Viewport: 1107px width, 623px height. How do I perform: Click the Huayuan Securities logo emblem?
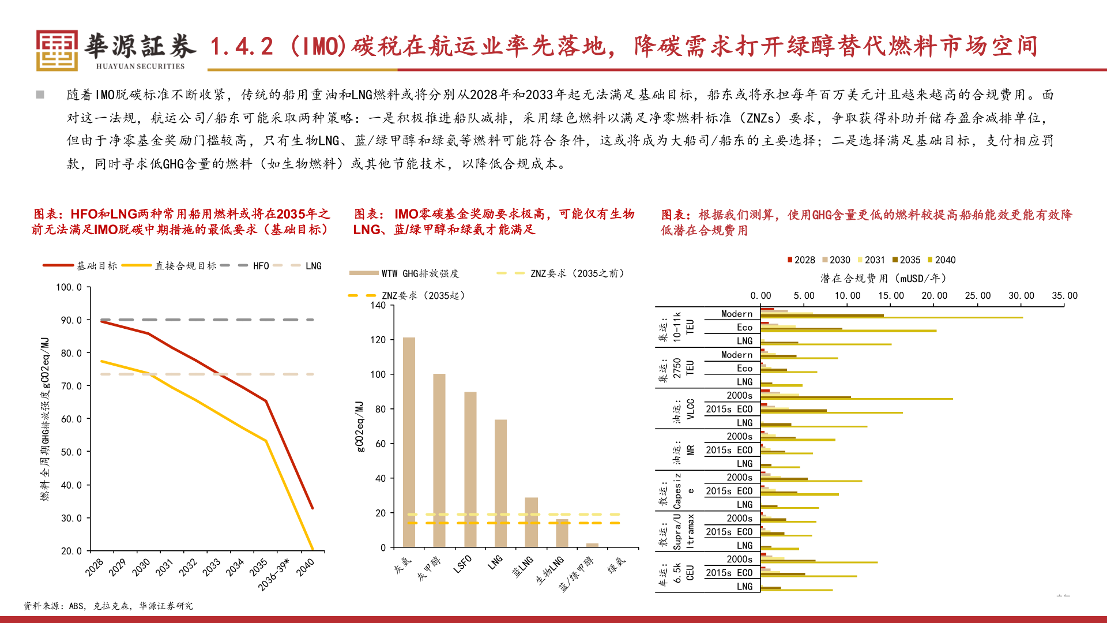coord(57,50)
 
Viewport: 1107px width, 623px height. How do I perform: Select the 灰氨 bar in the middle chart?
coord(409,442)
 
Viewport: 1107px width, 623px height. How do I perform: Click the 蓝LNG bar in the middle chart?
coord(531,522)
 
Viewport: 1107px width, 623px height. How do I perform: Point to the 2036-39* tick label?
coord(274,574)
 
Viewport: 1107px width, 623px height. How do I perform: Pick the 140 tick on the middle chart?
coord(378,305)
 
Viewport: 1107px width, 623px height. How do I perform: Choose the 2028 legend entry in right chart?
coord(801,260)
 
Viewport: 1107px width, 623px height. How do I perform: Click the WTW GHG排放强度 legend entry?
coord(404,273)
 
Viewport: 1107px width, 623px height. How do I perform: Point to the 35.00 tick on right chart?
coord(1064,296)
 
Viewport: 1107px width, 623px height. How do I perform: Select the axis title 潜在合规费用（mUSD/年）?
coord(883,279)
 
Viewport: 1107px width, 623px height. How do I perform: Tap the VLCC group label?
coord(691,409)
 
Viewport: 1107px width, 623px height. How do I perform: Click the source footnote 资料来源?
coord(108,606)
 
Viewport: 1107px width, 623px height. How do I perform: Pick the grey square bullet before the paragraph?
coord(40,95)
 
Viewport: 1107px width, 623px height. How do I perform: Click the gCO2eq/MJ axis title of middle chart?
coord(360,427)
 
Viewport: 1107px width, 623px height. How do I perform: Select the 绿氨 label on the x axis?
coord(616,565)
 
